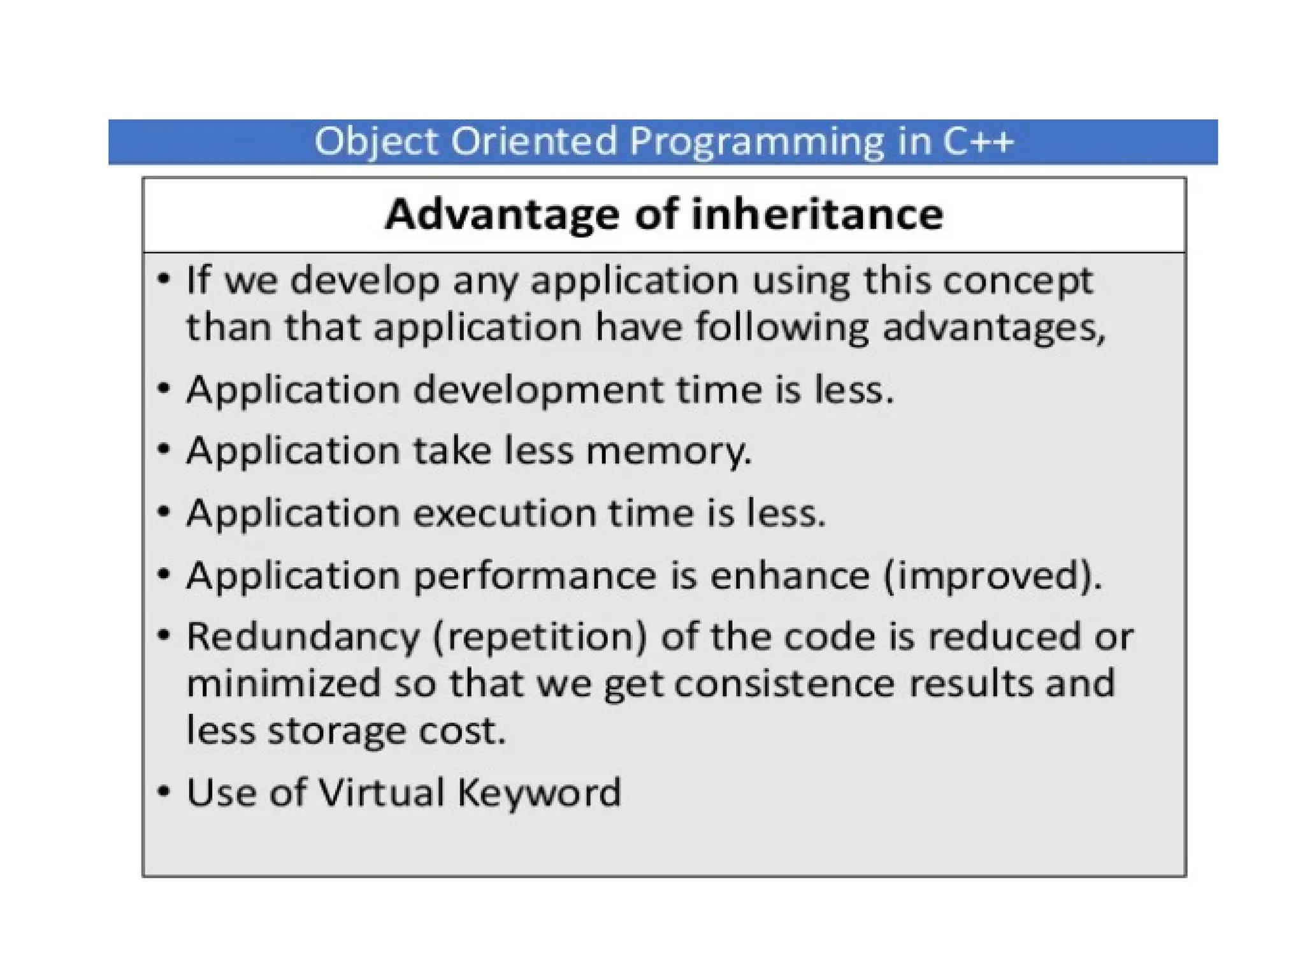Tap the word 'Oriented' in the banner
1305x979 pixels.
point(534,141)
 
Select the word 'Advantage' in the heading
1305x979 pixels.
point(501,214)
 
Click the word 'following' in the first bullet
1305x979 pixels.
point(782,328)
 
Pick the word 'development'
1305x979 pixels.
point(538,390)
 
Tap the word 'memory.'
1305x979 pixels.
point(668,451)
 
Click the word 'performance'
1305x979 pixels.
point(535,576)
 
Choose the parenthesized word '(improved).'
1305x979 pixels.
point(992,576)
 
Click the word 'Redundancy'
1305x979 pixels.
point(303,637)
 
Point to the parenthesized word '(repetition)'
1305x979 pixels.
point(540,637)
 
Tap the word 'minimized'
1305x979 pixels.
point(284,684)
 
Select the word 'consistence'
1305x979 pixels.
point(784,684)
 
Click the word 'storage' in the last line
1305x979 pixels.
point(336,731)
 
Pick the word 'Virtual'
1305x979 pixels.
point(381,793)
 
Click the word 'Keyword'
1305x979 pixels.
point(539,793)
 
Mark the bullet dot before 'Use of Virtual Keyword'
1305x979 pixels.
point(164,792)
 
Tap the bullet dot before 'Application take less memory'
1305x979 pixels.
point(164,449)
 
